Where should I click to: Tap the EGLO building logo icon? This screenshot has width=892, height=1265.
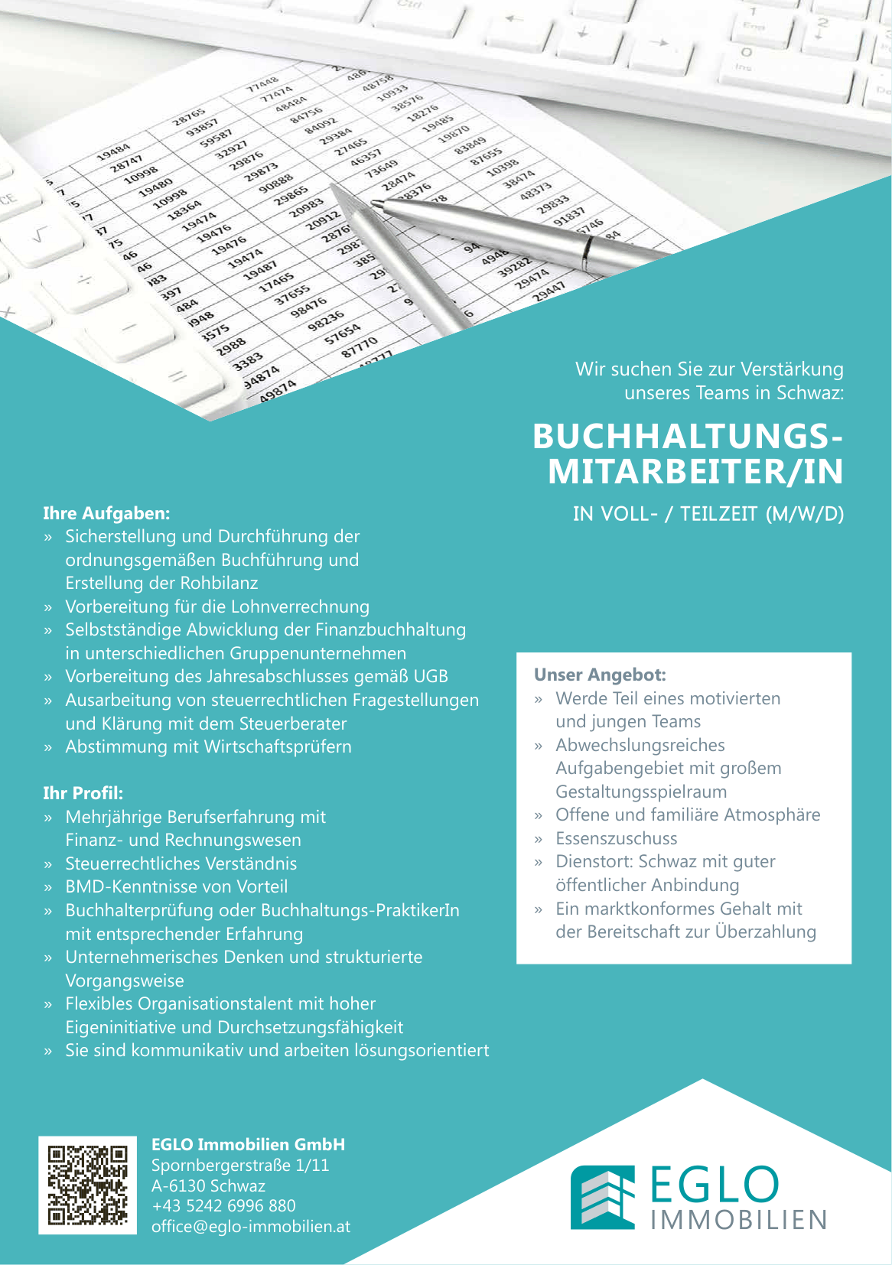pos(604,1196)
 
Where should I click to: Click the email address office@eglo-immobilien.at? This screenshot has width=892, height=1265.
pos(251,1226)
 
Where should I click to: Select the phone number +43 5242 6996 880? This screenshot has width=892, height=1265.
pos(223,1205)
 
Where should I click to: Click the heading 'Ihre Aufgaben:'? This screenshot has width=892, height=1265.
pos(106,513)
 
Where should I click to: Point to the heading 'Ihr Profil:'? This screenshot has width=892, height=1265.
pos(83,793)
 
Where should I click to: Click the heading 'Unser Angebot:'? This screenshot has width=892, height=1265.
pos(600,675)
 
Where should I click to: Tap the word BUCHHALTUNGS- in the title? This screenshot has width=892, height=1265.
pos(688,437)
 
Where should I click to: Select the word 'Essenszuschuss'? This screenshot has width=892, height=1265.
pos(617,838)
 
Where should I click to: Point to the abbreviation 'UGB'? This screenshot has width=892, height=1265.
pos(431,676)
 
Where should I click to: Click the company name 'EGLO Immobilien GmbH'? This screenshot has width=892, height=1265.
pos(248,1144)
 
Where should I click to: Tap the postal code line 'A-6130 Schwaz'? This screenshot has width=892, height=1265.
pos(208,1185)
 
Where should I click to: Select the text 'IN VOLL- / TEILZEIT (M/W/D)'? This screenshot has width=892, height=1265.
pos(708,513)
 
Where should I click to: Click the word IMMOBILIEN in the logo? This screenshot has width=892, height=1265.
pos(738,1219)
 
